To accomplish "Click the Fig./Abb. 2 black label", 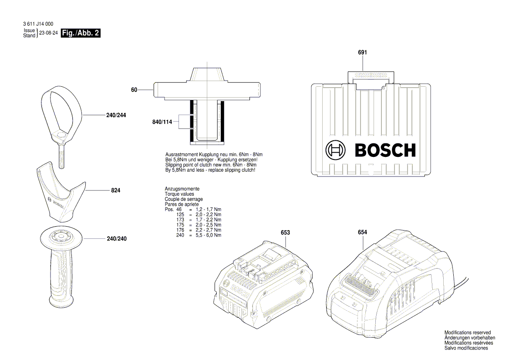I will tap(81, 33).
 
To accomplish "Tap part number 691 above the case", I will tap(363, 52).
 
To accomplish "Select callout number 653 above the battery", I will tap(285, 233).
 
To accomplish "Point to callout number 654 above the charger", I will tap(363, 232).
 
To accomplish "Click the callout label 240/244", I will tap(116, 115).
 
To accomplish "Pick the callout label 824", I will tap(115, 190).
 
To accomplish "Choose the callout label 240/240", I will tap(116, 239).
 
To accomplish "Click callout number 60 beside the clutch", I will tap(134, 90).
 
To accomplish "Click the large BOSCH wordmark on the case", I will tap(385, 150).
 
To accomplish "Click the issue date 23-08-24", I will tap(49, 33).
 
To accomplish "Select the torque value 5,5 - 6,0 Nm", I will tap(208, 235).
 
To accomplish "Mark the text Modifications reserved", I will tap(467, 333).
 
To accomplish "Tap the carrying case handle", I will tap(371, 76).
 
